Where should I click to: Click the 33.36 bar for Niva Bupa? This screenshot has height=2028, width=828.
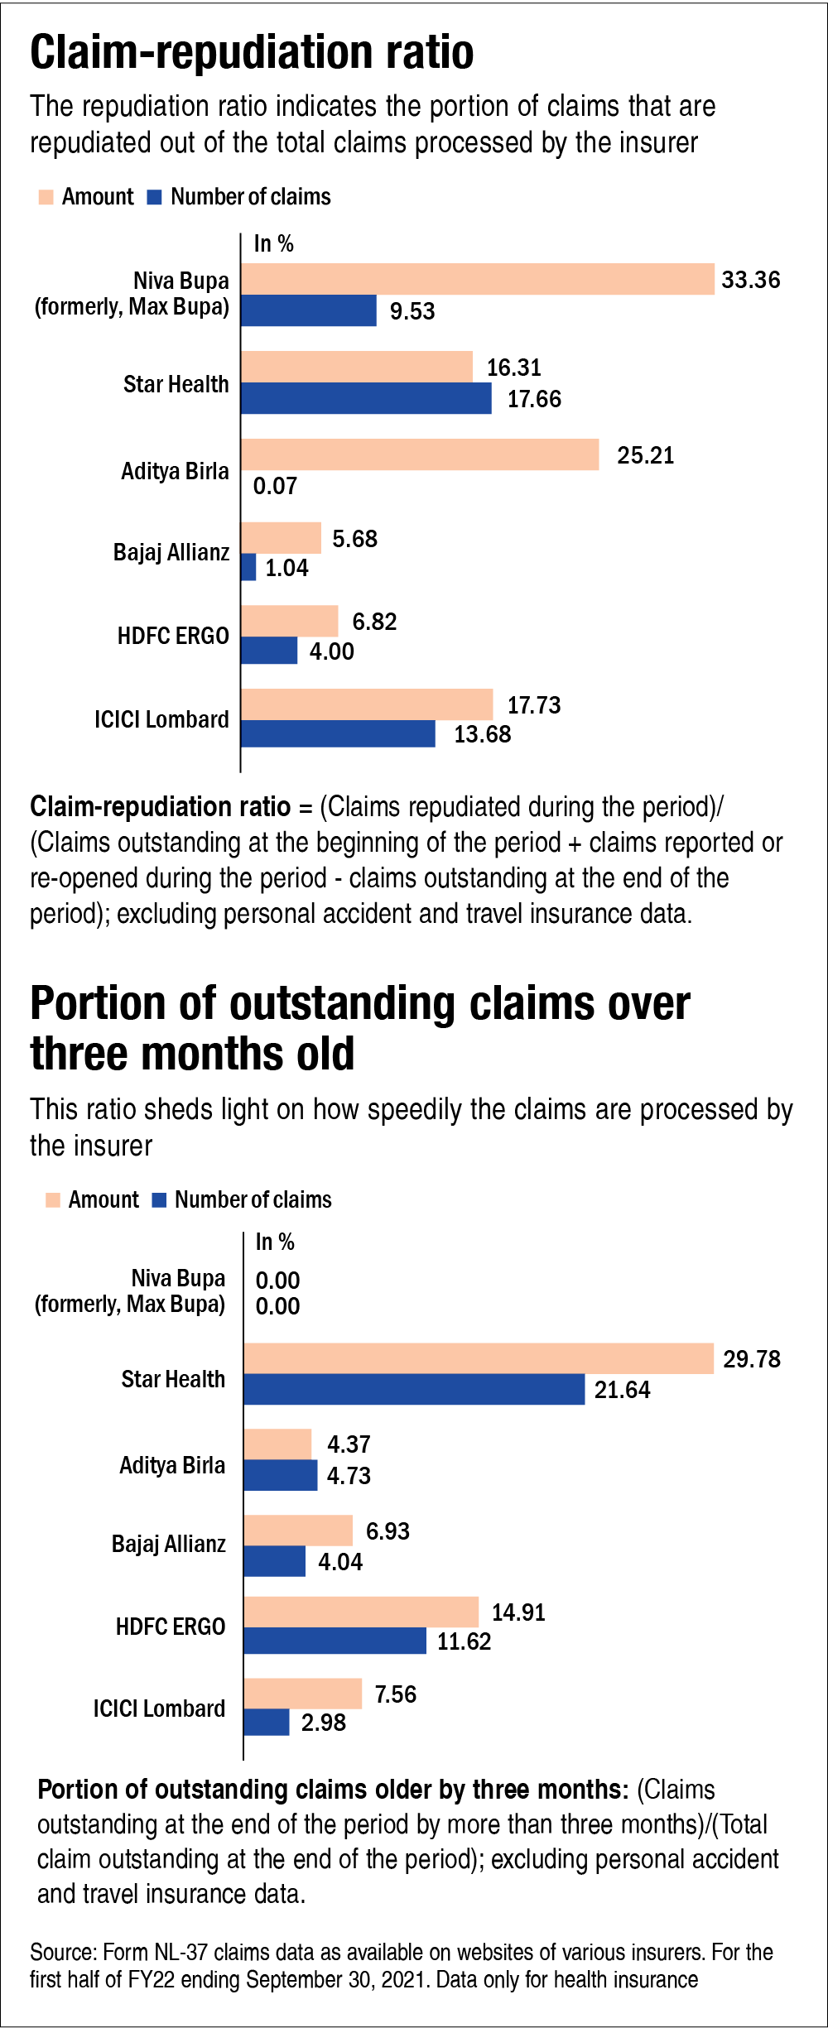click(x=477, y=279)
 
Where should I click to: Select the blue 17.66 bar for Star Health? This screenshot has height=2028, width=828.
click(x=366, y=398)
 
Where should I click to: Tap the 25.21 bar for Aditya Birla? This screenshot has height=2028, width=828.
click(x=420, y=454)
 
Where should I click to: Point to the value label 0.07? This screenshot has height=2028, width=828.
click(x=275, y=486)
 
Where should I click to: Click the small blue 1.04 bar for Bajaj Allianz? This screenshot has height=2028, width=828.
click(x=248, y=567)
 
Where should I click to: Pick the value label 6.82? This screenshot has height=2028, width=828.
click(x=374, y=622)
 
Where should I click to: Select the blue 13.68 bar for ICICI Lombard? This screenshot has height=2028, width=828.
click(x=338, y=733)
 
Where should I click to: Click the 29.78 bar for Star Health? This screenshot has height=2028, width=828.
click(x=479, y=1358)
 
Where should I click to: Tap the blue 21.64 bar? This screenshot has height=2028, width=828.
click(x=414, y=1389)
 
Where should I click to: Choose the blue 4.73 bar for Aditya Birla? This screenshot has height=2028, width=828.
click(x=280, y=1475)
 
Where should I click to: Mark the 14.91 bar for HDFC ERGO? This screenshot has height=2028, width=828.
click(x=361, y=1612)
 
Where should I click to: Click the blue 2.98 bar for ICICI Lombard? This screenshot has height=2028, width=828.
click(x=266, y=1723)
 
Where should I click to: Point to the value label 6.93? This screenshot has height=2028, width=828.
click(x=388, y=1531)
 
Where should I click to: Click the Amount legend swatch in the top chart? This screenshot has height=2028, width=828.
click(x=46, y=197)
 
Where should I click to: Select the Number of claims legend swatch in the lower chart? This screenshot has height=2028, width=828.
click(x=160, y=1199)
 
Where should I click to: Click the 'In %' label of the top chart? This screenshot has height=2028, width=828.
click(x=273, y=243)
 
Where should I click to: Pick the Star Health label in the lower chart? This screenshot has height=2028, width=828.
click(x=173, y=1379)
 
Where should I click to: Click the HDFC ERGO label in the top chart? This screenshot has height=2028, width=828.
click(x=173, y=636)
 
